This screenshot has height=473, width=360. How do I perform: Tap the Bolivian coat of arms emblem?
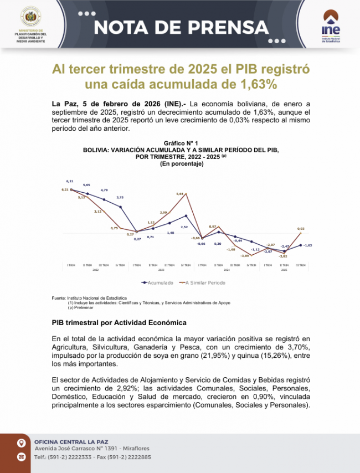(30, 17)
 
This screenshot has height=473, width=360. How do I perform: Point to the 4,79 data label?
(104, 190)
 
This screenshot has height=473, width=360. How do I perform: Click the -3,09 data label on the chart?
(245, 256)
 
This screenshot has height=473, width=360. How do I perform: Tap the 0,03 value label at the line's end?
(301, 228)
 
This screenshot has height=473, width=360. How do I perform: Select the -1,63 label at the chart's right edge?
(307, 245)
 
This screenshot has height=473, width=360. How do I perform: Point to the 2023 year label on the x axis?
(162, 270)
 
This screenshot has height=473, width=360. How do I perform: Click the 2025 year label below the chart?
(284, 270)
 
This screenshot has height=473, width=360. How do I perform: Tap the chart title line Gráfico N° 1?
(181, 143)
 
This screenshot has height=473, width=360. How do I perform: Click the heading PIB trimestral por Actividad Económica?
(119, 322)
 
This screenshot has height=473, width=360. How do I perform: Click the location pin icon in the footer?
(21, 443)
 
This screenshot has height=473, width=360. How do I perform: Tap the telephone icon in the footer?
(21, 457)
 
